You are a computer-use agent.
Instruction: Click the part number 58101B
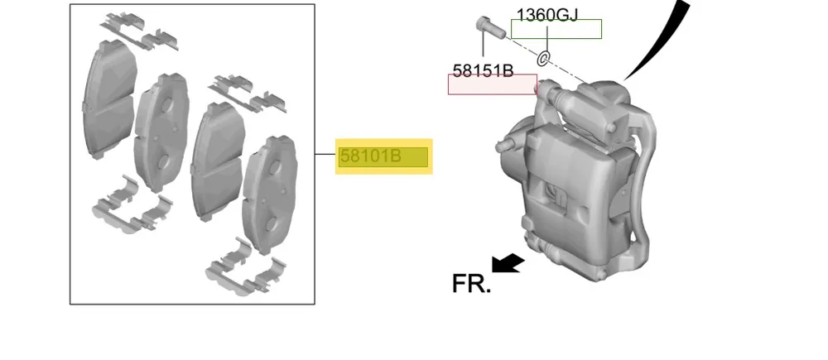tap(371, 156)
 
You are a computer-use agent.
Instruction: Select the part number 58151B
tap(484, 70)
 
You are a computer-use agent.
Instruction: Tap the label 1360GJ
tap(547, 15)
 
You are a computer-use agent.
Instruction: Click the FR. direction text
tap(472, 284)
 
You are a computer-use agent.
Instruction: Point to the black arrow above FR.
tap(508, 263)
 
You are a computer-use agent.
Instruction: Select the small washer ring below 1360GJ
tap(543, 58)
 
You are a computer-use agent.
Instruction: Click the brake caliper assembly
tap(575, 180)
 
